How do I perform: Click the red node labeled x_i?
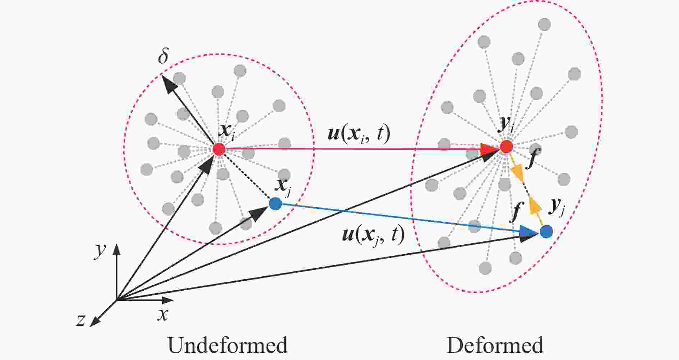click(218, 149)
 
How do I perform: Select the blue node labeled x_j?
click(275, 204)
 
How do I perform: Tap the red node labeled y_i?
click(507, 147)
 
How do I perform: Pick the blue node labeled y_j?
click(546, 231)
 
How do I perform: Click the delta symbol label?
click(163, 56)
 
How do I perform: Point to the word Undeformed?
click(227, 345)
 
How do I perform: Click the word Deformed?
click(494, 345)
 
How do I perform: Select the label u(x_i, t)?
click(359, 133)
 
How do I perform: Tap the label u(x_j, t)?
click(374, 235)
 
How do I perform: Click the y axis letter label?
click(100, 251)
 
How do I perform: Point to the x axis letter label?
click(163, 314)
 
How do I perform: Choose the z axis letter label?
click(80, 319)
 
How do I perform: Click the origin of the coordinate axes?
click(117, 300)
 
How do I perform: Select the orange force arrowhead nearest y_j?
click(535, 206)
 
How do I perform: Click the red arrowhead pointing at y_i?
click(489, 148)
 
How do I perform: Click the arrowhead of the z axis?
click(94, 322)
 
